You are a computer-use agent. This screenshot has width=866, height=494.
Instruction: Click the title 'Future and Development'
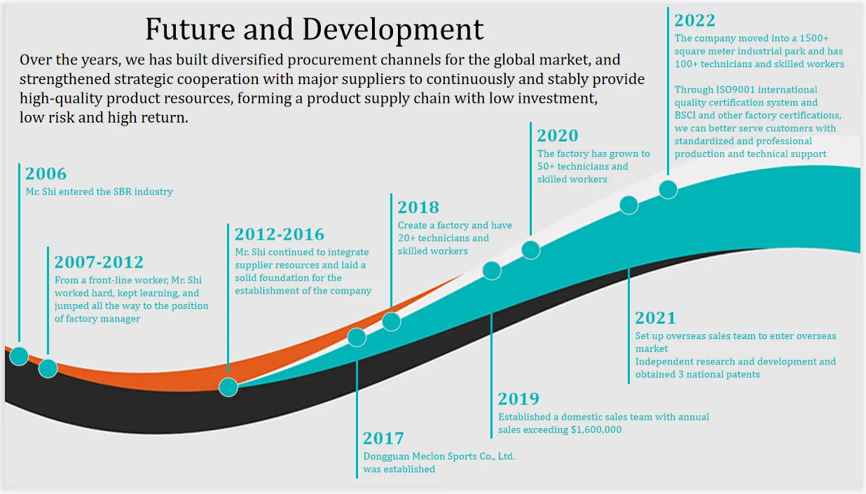click(314, 30)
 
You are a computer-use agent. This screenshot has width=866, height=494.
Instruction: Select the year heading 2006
click(46, 174)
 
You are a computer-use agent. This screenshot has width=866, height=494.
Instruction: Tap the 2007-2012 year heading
click(99, 262)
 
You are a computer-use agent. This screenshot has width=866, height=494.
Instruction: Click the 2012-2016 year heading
click(280, 234)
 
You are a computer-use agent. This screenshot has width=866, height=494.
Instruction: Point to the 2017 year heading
click(383, 439)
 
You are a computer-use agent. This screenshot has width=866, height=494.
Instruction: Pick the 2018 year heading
click(418, 207)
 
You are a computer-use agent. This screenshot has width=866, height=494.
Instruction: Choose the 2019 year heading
click(518, 399)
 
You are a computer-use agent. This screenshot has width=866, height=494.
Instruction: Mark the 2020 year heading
click(558, 136)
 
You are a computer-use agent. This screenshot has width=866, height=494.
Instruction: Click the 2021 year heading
click(655, 318)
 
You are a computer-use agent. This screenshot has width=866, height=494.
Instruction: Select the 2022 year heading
click(695, 20)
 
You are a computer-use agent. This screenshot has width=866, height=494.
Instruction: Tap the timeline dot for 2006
click(19, 356)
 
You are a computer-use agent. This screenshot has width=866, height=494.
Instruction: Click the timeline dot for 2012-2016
click(228, 387)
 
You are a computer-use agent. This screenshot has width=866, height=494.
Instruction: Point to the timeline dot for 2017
click(357, 337)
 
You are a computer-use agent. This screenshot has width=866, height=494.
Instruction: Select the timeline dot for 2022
click(668, 189)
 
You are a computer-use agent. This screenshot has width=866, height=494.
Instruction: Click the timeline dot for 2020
click(531, 249)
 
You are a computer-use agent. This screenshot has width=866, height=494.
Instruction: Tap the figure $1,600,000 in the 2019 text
click(596, 430)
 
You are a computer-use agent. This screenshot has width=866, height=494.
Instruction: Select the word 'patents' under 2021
click(742, 374)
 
